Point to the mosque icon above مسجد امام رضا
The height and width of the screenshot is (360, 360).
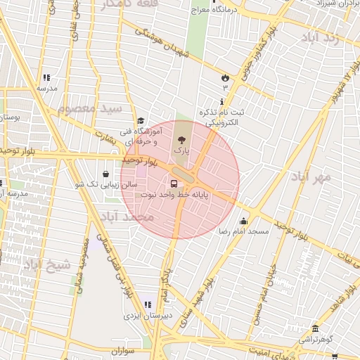(x=243, y=221)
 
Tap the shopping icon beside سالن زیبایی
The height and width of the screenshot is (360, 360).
(x=105, y=174)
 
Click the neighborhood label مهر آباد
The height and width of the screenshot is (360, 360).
(x=314, y=176)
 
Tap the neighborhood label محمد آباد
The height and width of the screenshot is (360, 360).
(x=127, y=217)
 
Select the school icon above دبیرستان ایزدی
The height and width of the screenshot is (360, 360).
(x=148, y=305)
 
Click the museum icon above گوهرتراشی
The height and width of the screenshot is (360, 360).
(x=314, y=328)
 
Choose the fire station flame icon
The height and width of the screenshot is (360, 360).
(x=225, y=77)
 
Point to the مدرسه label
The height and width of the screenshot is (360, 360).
(x=46, y=89)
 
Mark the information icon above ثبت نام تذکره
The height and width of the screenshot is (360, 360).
(x=222, y=102)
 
